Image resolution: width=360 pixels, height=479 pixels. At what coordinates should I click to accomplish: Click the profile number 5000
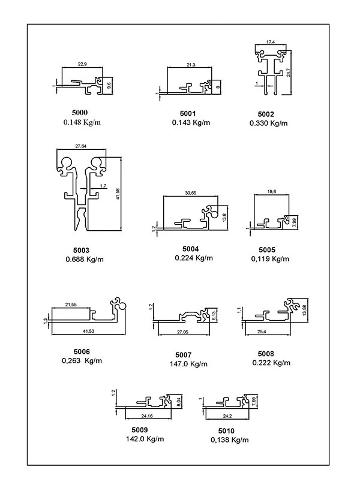(79, 113)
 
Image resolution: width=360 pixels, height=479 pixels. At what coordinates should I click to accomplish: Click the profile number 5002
(266, 114)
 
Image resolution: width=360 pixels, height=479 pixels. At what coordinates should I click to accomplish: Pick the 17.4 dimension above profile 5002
(270, 42)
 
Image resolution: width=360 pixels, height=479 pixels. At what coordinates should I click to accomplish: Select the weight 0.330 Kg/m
(268, 123)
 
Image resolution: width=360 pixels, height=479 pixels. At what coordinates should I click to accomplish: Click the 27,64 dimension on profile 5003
(82, 146)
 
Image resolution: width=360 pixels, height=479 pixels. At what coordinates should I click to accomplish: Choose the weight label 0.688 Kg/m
(85, 260)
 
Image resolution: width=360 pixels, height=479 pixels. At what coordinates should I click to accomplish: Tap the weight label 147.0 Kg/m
(189, 364)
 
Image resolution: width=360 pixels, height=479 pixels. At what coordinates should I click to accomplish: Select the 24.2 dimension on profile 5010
(227, 415)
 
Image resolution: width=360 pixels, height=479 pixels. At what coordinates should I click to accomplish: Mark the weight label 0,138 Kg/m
(230, 440)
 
